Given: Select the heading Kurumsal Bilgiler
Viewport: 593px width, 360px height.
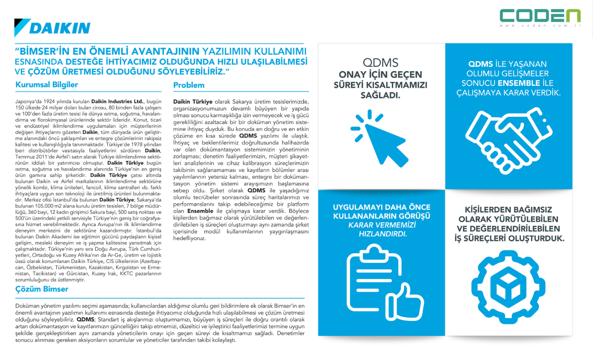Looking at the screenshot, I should (47, 85).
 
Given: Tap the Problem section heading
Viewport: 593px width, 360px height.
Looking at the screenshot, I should (189, 85).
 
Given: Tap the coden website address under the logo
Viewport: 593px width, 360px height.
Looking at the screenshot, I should (540, 26).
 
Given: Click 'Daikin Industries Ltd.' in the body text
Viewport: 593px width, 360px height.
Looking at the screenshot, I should (118, 102).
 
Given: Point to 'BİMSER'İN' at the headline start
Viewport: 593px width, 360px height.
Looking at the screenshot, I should (41, 51).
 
